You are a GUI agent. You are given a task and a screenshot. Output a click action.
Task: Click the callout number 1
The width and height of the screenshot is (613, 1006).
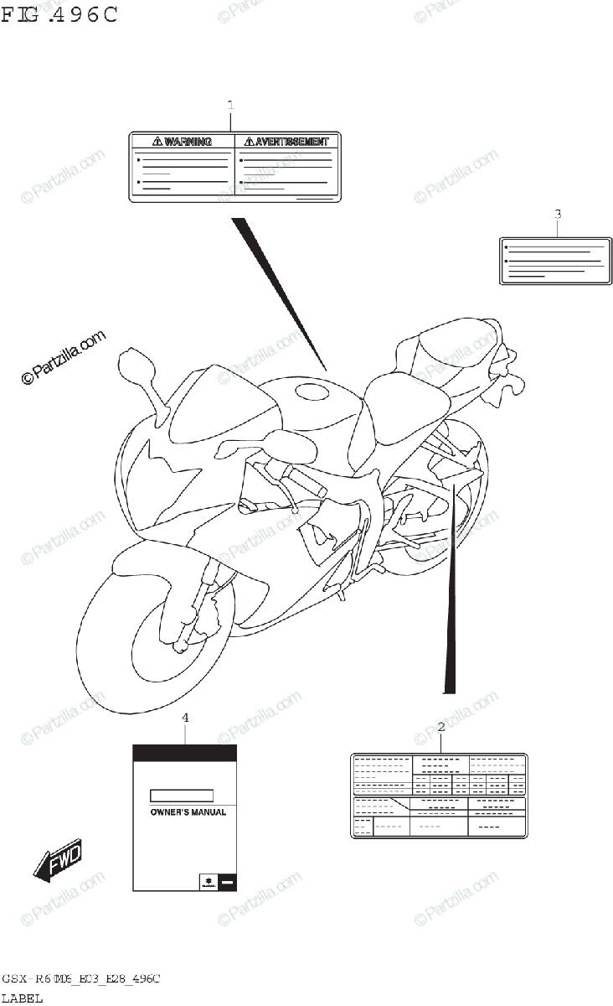[x=230, y=105]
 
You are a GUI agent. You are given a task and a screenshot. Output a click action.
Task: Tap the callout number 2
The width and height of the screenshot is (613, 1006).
[x=441, y=727]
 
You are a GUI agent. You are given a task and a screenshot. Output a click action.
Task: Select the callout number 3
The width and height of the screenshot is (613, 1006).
[x=558, y=214]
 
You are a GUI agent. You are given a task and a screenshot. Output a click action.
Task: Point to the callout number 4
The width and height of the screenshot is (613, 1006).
[x=185, y=718]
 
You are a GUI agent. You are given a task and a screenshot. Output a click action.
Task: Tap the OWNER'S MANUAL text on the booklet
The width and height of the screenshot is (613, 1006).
[x=188, y=812]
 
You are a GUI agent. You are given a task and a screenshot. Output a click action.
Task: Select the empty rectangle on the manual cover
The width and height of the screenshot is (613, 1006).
[x=181, y=796]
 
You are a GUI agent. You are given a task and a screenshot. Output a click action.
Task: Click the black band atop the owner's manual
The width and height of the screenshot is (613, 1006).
[x=185, y=752]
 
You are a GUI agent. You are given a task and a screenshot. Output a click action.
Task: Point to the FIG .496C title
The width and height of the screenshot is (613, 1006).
[x=59, y=14]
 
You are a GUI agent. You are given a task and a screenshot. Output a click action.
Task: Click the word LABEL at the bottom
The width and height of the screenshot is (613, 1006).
[x=22, y=998]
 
